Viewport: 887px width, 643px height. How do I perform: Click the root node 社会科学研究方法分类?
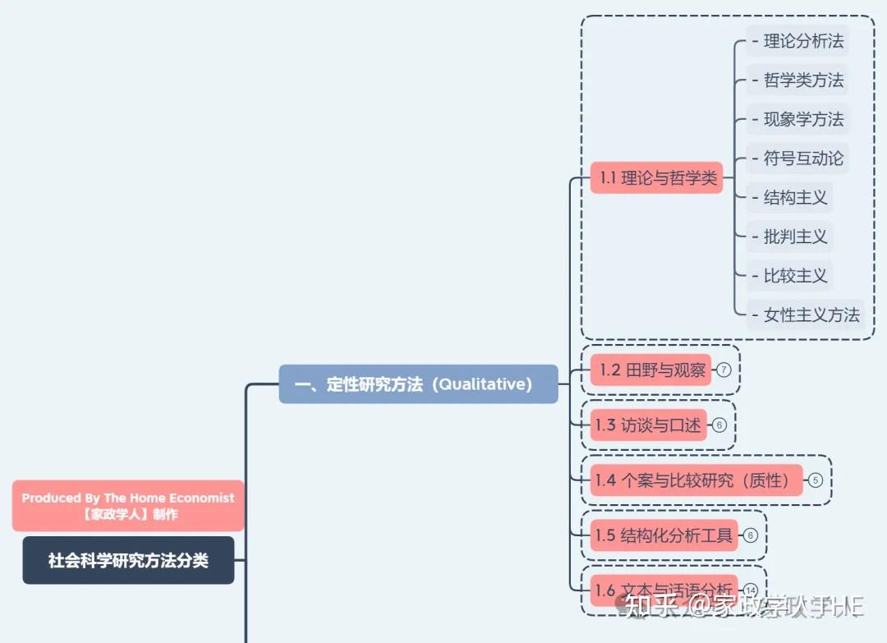pos(128,560)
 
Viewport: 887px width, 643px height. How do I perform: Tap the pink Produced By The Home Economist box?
pos(128,506)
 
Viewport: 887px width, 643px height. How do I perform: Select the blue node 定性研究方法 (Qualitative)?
pos(418,384)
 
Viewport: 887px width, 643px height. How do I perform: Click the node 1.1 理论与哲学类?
pos(656,177)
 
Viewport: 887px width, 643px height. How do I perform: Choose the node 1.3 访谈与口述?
pos(648,425)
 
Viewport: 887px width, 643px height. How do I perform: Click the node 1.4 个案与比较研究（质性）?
pos(696,480)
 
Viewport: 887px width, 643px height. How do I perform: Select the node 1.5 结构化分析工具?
pos(664,535)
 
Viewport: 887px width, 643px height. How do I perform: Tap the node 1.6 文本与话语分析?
pos(664,590)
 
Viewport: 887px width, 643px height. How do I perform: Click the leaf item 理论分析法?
pos(797,41)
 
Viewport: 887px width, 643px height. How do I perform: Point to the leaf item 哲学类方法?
pos(797,80)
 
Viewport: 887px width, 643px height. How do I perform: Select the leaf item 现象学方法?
pos(797,119)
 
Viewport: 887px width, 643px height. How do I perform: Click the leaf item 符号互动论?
pos(797,158)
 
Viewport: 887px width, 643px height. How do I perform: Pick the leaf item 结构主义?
pos(789,198)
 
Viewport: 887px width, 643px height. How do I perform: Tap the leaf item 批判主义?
pos(789,237)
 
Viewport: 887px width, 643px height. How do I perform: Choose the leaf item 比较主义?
pos(789,276)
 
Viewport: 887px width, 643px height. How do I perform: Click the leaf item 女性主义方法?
pos(805,315)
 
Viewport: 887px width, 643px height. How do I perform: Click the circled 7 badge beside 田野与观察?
pos(724,370)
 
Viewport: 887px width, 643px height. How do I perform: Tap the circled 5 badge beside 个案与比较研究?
pos(815,480)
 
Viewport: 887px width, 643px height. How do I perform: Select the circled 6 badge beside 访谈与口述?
pos(719,425)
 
